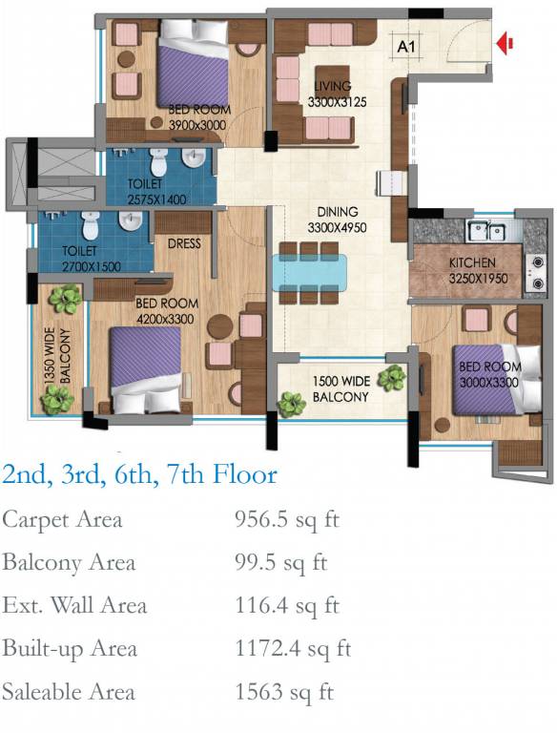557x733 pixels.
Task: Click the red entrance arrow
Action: click(x=505, y=44)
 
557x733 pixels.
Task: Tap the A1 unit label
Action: click(x=406, y=47)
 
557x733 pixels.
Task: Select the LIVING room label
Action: click(x=332, y=86)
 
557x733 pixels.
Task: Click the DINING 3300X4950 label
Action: click(x=337, y=220)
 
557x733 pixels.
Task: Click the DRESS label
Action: click(x=184, y=243)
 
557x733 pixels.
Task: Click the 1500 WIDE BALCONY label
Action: click(x=340, y=389)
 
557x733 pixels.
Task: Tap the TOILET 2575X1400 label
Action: click(x=157, y=192)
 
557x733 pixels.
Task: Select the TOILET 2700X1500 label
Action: click(x=92, y=259)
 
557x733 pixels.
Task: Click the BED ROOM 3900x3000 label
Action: click(x=199, y=117)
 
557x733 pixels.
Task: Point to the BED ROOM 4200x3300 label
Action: click(x=167, y=311)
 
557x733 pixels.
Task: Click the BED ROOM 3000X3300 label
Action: click(x=489, y=374)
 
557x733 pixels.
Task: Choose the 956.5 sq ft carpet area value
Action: click(x=287, y=520)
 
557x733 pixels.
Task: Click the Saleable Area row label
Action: click(x=69, y=691)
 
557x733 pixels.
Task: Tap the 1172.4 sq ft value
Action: click(x=293, y=648)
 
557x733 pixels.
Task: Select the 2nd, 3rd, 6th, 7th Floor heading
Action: click(x=139, y=474)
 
